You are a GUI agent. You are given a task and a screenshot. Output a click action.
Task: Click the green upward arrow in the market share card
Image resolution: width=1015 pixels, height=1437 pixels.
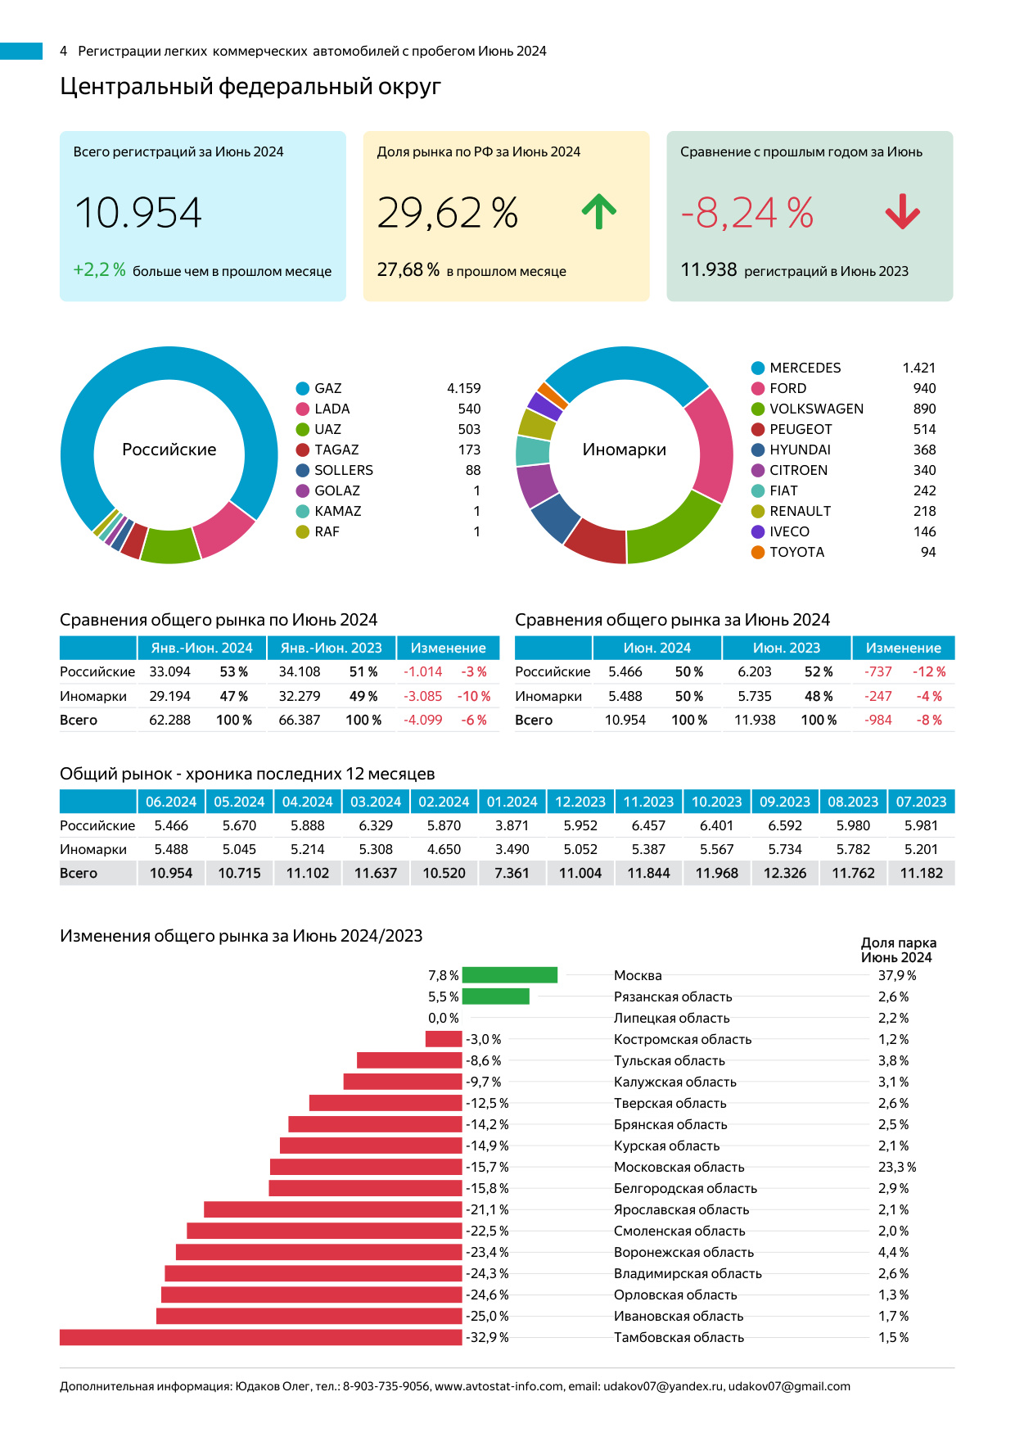[x=599, y=212]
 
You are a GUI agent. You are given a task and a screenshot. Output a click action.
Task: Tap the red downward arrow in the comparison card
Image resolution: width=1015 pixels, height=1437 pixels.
[x=903, y=212]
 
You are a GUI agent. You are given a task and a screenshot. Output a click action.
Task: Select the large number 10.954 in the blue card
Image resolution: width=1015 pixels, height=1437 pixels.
[x=138, y=213]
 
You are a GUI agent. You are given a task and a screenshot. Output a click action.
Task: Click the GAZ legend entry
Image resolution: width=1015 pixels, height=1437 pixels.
[x=327, y=388]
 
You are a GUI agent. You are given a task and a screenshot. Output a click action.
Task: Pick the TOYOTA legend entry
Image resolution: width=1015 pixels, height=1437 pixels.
[x=796, y=552]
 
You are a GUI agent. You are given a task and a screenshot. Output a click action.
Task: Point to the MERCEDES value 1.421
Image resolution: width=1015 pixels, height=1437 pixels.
[x=918, y=368]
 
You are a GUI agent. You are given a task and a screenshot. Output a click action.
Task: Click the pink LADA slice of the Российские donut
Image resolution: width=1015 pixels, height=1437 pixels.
[x=223, y=530]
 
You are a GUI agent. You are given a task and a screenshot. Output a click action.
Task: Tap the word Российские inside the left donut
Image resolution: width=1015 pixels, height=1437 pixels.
[x=169, y=450]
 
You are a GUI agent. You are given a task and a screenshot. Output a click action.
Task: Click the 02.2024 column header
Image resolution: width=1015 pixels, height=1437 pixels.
[x=444, y=802]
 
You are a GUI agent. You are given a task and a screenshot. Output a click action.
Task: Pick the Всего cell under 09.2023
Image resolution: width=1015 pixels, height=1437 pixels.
[x=784, y=873]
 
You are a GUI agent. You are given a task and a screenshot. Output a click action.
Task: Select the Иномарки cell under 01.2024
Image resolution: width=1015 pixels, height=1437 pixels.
[x=512, y=849]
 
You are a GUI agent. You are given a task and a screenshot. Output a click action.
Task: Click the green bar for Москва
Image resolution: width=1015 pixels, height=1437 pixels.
[x=510, y=975]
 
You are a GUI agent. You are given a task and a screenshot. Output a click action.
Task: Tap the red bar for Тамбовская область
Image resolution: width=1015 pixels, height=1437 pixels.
[x=260, y=1337]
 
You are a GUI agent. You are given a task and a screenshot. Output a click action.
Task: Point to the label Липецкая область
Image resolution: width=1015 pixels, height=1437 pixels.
[x=671, y=1018]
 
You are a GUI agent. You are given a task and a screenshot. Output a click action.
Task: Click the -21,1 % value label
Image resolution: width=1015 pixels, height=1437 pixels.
[x=488, y=1209]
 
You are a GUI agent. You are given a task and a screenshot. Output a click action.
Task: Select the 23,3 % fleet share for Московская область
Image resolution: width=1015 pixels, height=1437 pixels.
[x=897, y=1167]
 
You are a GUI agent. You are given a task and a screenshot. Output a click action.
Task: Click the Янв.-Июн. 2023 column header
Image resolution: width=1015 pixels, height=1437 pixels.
[x=331, y=648]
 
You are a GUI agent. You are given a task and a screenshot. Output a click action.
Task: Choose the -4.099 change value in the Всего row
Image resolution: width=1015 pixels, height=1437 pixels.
[x=422, y=720]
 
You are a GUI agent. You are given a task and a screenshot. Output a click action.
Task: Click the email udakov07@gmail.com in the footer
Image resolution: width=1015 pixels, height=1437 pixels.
[x=789, y=1386]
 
